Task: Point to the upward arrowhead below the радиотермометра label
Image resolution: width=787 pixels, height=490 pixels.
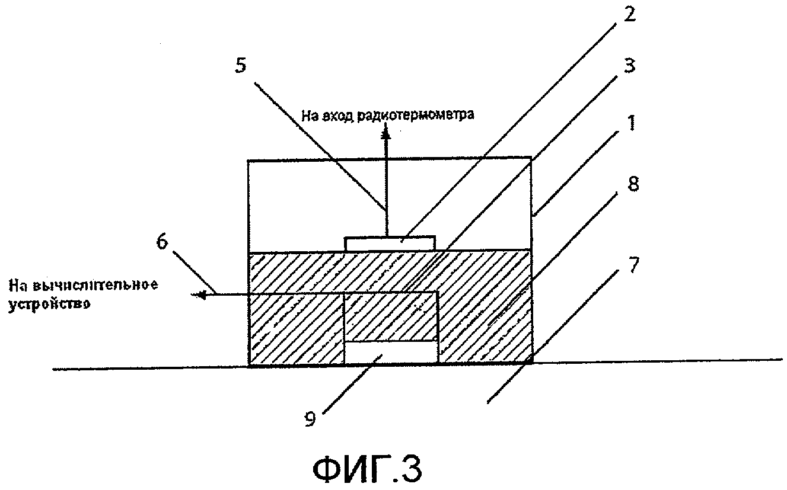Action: pyautogui.click(x=386, y=134)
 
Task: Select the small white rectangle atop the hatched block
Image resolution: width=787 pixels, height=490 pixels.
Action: pyautogui.click(x=390, y=243)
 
